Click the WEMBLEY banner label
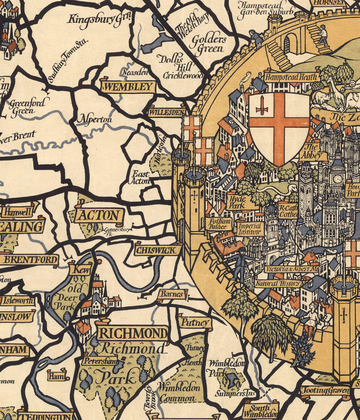[x=128, y=86]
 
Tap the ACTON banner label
[x=99, y=216]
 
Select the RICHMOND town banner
[x=132, y=333]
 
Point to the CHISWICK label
[x=158, y=250]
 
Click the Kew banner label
[x=80, y=269]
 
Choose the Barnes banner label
[x=172, y=294]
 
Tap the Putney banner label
[x=195, y=322]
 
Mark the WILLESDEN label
[x=167, y=112]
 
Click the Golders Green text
[x=208, y=44]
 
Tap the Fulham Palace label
[x=218, y=224]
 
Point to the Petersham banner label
[x=99, y=361]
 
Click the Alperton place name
[x=94, y=119]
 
